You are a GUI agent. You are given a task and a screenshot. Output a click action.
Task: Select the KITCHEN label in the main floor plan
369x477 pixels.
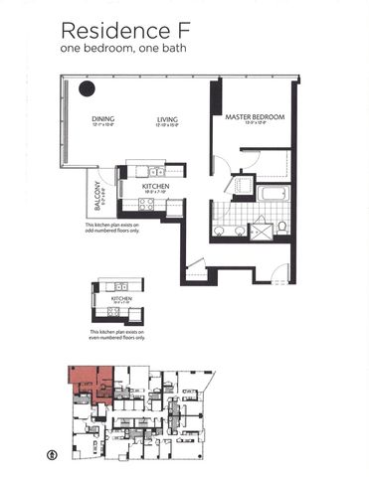pos(155,186)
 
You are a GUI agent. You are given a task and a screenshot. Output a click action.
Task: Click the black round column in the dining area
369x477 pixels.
pos(88,89)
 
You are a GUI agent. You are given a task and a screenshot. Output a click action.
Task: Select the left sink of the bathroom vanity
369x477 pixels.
pos(220,231)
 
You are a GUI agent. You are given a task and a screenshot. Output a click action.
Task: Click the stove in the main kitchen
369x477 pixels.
pos(145,203)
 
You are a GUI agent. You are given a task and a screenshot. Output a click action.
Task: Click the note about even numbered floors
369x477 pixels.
pos(117,336)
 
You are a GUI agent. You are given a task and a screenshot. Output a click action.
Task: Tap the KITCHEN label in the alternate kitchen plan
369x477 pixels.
pos(121,297)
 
